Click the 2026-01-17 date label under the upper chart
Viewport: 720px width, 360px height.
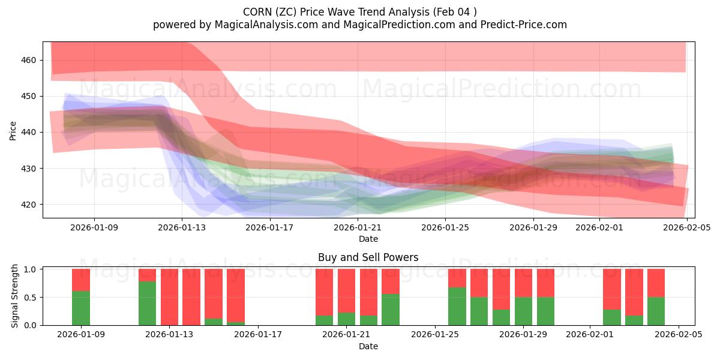269,227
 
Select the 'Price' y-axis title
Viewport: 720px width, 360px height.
13,130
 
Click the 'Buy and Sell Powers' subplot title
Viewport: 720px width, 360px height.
368,257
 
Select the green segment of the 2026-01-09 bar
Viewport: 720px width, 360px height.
81,308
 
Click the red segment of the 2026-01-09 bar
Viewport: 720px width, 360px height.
81,280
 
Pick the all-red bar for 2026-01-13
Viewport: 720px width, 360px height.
169,297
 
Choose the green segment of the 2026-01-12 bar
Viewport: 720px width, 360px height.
147,304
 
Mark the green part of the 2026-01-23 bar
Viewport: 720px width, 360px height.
391,310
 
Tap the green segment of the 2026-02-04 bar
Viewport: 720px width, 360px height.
656,311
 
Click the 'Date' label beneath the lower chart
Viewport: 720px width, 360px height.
368,346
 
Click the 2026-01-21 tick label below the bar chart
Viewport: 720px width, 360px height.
346,334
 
